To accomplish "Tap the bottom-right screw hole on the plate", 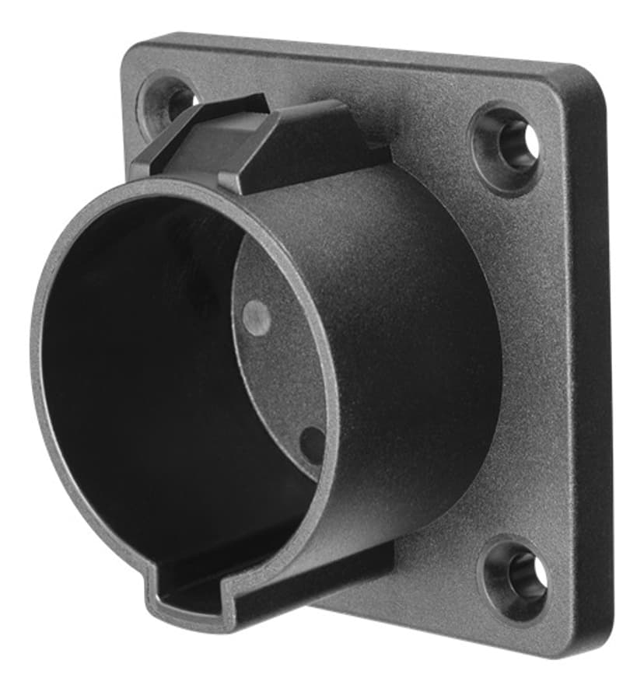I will [516, 577].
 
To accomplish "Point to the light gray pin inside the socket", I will [256, 316].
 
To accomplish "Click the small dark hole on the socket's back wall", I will [312, 443].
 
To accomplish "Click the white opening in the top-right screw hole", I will [532, 141].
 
